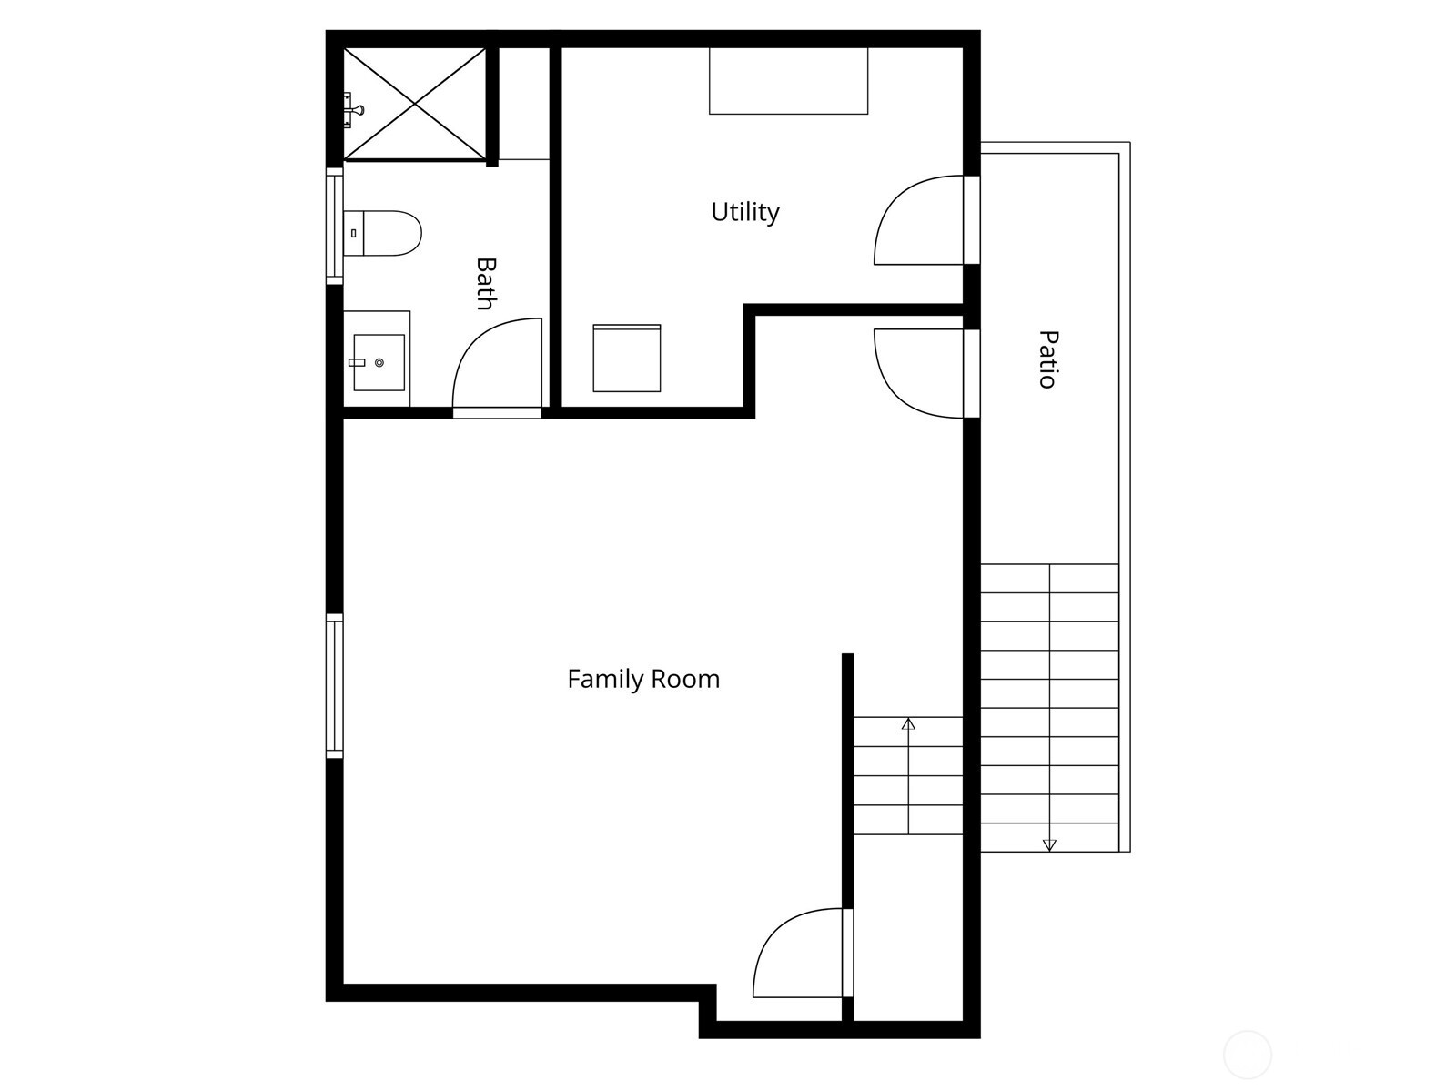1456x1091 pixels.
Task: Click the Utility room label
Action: tap(744, 212)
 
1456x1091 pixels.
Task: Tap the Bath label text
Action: tap(487, 283)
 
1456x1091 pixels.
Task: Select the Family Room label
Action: tap(643, 679)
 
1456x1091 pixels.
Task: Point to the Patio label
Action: tap(1048, 359)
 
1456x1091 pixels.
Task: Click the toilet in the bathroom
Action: tap(384, 233)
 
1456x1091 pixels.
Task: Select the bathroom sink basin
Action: tap(379, 362)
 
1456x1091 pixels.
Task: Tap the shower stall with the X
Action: tap(415, 104)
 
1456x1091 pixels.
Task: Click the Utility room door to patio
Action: tap(919, 221)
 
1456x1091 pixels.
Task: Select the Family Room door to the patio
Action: tap(919, 373)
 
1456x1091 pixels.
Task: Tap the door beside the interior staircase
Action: tap(799, 953)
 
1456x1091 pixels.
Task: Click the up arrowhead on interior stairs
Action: tap(908, 724)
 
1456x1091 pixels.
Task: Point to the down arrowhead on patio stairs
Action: tap(1049, 845)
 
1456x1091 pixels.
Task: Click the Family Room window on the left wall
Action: tap(335, 686)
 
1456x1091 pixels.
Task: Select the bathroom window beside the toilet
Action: tap(335, 225)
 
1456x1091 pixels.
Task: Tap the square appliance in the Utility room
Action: tap(627, 359)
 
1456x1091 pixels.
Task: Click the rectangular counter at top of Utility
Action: tap(788, 81)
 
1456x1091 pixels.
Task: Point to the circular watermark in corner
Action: tap(1247, 1055)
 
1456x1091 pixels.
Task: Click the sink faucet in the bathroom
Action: tap(357, 362)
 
